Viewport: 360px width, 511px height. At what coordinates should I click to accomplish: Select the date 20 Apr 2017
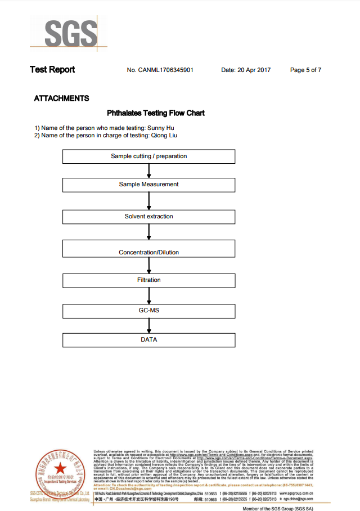(x=254, y=70)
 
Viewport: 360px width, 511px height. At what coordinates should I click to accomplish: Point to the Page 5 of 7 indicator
(x=305, y=70)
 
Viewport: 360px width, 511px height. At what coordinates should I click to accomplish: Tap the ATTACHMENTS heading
(x=61, y=98)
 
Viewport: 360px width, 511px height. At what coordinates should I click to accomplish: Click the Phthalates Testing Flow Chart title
(x=156, y=113)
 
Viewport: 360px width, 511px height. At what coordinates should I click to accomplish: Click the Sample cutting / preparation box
(x=148, y=156)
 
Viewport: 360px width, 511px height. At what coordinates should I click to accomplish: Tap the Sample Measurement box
(x=148, y=185)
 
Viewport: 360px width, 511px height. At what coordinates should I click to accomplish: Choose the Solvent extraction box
(x=148, y=217)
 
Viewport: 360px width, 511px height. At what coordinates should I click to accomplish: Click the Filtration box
(x=148, y=280)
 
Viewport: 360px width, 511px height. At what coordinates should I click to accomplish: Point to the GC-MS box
(x=148, y=310)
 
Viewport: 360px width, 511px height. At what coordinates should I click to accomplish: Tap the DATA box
(x=148, y=340)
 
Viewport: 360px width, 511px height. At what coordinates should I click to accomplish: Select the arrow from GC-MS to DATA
(x=148, y=325)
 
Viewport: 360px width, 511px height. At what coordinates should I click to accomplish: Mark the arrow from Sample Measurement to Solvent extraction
(x=148, y=200)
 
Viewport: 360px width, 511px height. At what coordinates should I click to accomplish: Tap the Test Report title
(x=52, y=70)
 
